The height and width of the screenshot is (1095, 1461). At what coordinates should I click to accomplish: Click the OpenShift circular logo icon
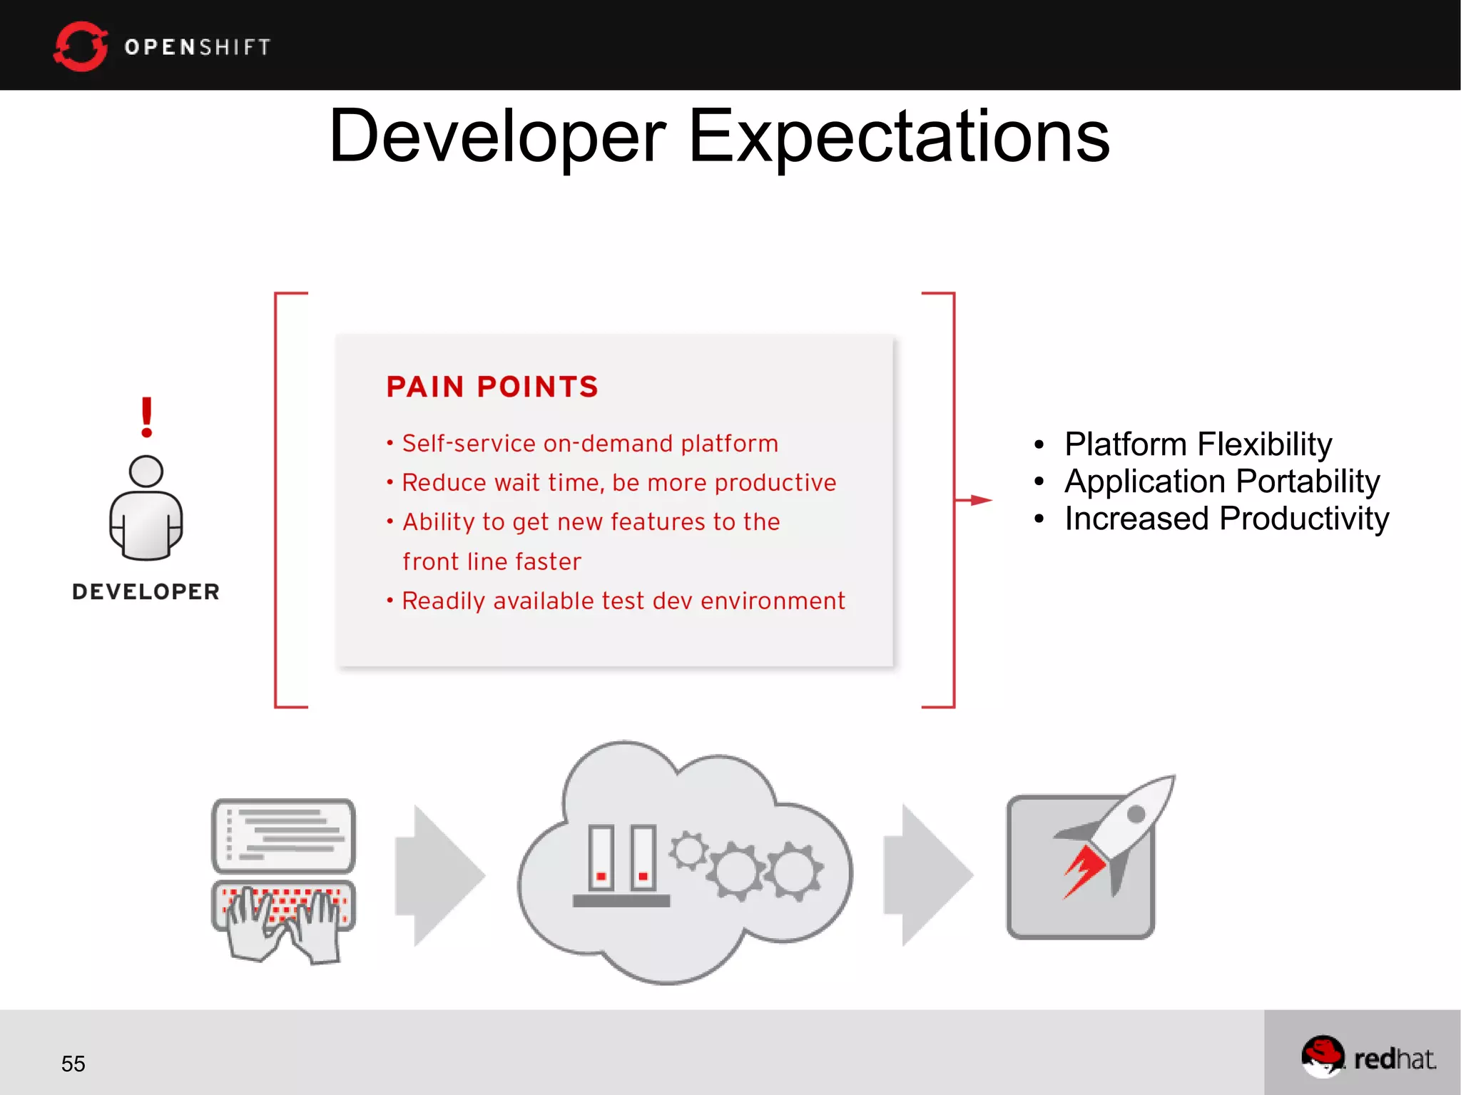[80, 46]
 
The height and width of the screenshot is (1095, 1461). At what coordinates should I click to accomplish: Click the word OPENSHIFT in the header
[198, 47]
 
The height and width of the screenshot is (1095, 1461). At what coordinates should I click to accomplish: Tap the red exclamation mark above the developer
[146, 417]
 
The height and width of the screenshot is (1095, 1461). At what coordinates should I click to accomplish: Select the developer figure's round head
[146, 472]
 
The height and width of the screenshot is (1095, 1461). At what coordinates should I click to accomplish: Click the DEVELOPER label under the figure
[146, 591]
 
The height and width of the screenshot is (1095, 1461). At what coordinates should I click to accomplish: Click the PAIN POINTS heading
[492, 387]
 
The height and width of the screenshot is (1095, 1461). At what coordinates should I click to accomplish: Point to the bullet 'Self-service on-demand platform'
[589, 444]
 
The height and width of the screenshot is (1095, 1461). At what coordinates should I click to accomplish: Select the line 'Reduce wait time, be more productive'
[618, 483]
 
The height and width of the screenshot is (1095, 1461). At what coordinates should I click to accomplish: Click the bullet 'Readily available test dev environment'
[623, 601]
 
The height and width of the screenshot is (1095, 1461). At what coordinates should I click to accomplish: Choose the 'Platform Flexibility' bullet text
[1198, 444]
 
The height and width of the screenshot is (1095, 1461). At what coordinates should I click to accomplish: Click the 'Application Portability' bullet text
[1221, 482]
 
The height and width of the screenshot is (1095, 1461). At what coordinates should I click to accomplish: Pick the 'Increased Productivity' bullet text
[1226, 519]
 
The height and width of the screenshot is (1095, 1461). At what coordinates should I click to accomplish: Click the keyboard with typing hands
[284, 917]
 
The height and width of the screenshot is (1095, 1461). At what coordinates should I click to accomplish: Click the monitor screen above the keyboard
[284, 835]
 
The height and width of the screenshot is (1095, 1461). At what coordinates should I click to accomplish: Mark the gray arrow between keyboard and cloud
[439, 875]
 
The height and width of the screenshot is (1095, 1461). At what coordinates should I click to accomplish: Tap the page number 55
[73, 1064]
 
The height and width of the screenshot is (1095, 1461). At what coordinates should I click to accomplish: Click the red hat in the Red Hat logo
[1322, 1053]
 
